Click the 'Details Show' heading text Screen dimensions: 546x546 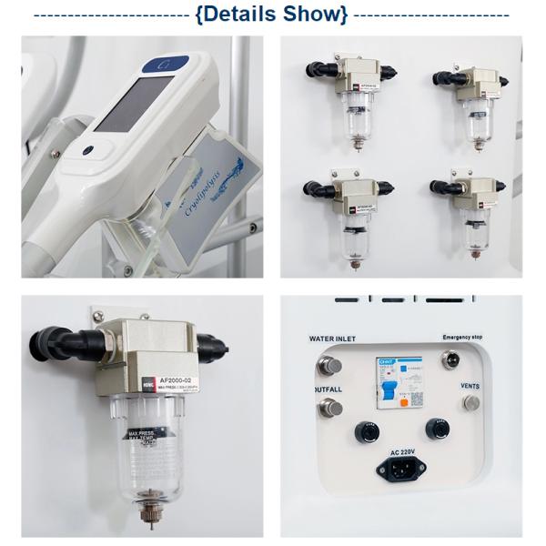pos(271,15)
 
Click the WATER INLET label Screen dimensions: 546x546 pos(332,339)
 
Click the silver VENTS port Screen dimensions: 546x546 pos(471,401)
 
